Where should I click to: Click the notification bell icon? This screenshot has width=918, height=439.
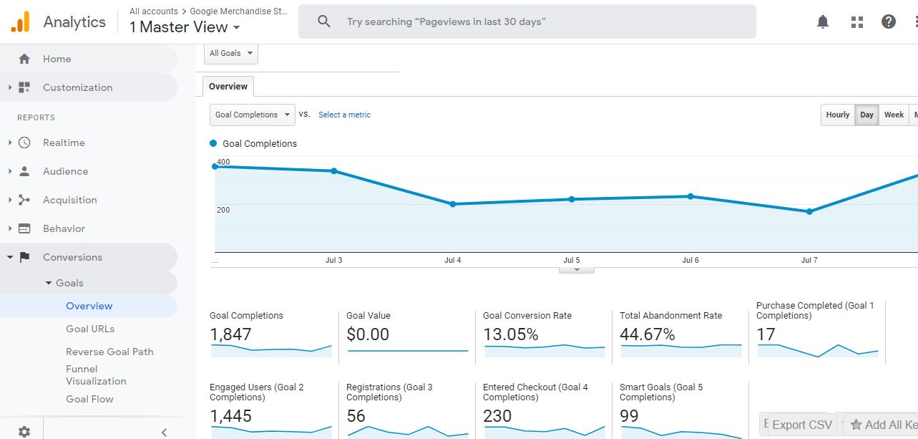[823, 22]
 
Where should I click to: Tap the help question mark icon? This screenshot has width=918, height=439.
[889, 22]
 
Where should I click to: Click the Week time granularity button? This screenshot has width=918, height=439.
[894, 115]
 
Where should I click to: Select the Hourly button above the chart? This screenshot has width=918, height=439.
[837, 115]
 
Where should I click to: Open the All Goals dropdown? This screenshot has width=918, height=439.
[231, 54]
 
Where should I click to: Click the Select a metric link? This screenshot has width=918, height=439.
[344, 115]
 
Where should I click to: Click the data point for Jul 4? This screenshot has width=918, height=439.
[453, 204]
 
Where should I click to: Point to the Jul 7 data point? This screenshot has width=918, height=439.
[809, 212]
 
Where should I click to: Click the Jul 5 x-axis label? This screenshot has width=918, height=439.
[571, 261]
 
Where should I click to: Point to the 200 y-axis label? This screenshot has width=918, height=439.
[223, 210]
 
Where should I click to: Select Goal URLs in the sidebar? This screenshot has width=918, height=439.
[90, 329]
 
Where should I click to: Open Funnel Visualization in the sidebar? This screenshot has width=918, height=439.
[96, 375]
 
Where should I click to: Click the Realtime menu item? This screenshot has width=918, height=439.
[64, 143]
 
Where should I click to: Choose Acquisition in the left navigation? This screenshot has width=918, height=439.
[69, 200]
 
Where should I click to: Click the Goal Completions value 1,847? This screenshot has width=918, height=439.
[230, 334]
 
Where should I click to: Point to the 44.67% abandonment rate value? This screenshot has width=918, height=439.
[648, 334]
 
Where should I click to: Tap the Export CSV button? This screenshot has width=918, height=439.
[801, 425]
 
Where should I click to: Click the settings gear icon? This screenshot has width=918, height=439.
[24, 431]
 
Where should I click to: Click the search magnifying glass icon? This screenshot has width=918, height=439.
[324, 21]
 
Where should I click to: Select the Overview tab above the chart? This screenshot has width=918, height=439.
[228, 87]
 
